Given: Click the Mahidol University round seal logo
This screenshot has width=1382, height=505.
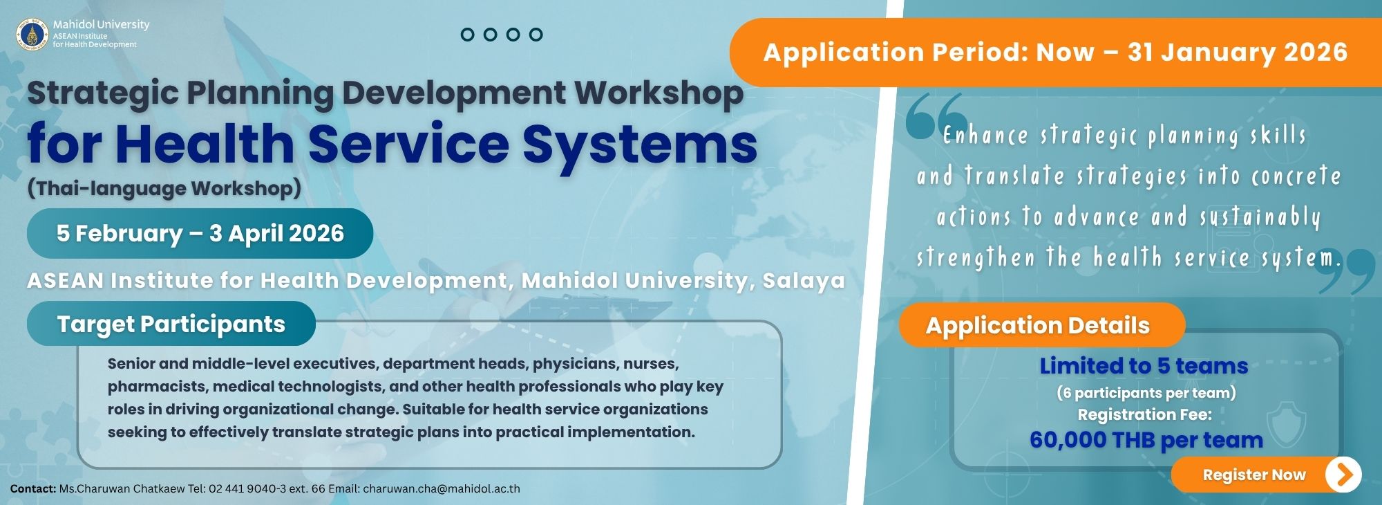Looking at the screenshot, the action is click(x=32, y=35).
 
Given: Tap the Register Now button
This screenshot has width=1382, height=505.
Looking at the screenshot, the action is click(x=1266, y=475).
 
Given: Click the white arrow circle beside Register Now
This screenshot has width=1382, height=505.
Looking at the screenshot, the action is click(x=1343, y=475).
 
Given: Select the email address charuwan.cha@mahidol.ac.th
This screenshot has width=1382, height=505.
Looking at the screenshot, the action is click(x=442, y=488).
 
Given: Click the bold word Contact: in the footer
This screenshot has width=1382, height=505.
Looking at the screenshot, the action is click(x=33, y=488).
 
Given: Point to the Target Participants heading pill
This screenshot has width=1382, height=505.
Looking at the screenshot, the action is click(x=171, y=324).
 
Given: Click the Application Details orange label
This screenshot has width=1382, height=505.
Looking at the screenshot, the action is click(x=1042, y=325).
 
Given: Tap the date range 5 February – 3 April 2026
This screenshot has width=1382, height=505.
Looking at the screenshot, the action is click(x=200, y=233).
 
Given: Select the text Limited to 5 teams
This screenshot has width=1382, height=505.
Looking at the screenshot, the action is click(x=1144, y=365).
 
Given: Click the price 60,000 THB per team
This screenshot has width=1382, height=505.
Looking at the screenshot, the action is click(x=1146, y=440).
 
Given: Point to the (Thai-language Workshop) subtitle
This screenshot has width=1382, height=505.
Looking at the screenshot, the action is click(x=164, y=188).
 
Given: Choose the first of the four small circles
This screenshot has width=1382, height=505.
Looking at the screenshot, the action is click(x=468, y=35).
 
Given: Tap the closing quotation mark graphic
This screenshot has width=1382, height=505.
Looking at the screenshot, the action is click(x=1345, y=271).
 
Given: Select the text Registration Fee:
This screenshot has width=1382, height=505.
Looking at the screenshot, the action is click(x=1145, y=414).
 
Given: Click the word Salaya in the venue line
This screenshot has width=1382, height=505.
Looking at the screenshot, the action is click(x=804, y=280).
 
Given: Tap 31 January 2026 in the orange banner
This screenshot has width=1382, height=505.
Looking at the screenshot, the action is click(x=1238, y=53).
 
